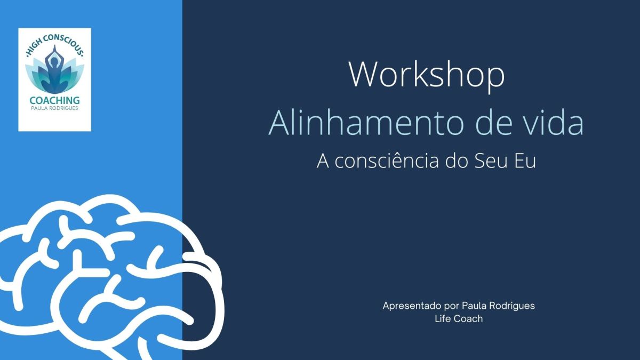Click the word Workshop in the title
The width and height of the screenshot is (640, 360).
tap(427, 75)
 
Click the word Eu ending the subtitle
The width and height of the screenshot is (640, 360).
tap(525, 161)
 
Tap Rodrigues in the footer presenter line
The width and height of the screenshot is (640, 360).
tap(512, 306)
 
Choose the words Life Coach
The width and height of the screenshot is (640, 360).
tap(459, 318)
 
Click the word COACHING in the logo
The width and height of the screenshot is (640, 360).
tap(54, 100)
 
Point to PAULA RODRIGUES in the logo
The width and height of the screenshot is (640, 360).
tap(54, 108)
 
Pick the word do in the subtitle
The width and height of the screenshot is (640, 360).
tap(457, 161)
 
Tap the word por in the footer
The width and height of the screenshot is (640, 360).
tap(451, 307)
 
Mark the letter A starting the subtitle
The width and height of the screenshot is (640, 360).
tap(323, 161)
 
